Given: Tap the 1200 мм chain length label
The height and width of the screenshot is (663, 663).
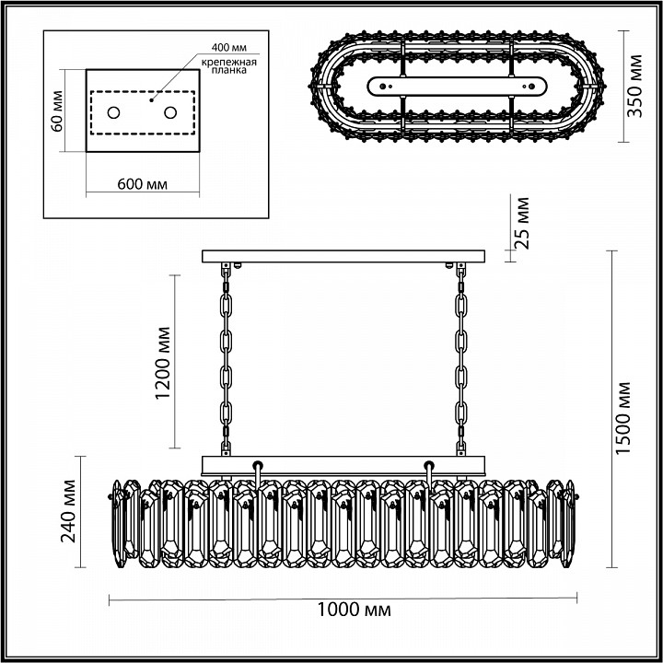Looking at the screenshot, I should click(x=164, y=362).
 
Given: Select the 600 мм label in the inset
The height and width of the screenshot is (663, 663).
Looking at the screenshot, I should click(x=143, y=184).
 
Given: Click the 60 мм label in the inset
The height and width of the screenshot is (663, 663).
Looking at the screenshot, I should click(x=57, y=110).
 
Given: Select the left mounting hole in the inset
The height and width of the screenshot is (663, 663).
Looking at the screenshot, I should click(x=114, y=112).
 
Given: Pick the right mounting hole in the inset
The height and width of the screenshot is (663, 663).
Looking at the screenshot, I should click(x=170, y=112).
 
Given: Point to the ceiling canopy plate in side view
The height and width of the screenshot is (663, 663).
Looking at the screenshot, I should click(x=343, y=255).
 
